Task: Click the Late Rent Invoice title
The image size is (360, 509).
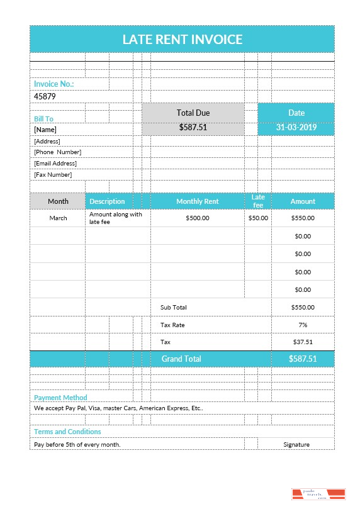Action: pyautogui.click(x=182, y=39)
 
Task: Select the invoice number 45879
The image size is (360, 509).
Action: pyautogui.click(x=45, y=96)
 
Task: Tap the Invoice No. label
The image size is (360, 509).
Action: pyautogui.click(x=53, y=84)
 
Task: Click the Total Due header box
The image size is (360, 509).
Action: pyautogui.click(x=193, y=113)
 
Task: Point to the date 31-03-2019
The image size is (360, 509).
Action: pyautogui.click(x=296, y=127)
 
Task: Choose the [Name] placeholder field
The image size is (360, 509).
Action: pyautogui.click(x=45, y=129)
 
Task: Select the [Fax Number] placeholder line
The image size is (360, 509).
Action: pyautogui.click(x=53, y=175)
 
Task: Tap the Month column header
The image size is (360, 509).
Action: pyautogui.click(x=58, y=201)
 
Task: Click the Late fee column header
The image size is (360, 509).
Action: pyautogui.click(x=258, y=201)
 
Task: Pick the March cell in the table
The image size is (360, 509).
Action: pyautogui.click(x=58, y=218)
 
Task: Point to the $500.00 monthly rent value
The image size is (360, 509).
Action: pyautogui.click(x=198, y=218)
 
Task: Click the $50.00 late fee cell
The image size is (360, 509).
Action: pyautogui.click(x=258, y=218)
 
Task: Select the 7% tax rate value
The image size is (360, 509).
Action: pyautogui.click(x=303, y=325)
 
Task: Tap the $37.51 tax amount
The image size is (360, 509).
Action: pyautogui.click(x=303, y=342)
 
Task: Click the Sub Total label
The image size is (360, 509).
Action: pyautogui.click(x=174, y=307)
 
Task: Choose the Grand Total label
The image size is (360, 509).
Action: pyautogui.click(x=181, y=359)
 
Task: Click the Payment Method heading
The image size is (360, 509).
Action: pyautogui.click(x=60, y=398)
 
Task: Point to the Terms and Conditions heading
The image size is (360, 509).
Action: pyautogui.click(x=67, y=432)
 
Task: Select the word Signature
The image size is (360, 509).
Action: pyautogui.click(x=296, y=444)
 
